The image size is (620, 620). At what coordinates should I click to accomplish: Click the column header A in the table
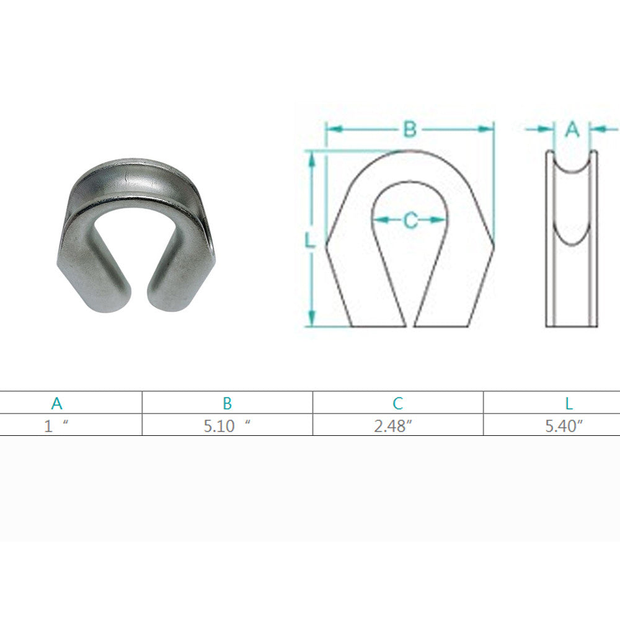57,403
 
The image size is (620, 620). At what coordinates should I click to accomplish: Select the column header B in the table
227,403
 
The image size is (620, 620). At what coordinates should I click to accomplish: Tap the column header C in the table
398,403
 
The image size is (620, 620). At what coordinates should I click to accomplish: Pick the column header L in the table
569,403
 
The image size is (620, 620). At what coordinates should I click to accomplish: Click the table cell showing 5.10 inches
227,426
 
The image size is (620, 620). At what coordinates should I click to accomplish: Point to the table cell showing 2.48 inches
393,426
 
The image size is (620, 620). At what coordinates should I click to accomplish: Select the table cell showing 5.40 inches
564,426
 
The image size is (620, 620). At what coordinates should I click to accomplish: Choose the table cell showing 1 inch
56,426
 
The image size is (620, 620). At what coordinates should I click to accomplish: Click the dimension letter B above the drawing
410,129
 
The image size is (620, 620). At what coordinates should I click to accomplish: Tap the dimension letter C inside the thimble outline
411,220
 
